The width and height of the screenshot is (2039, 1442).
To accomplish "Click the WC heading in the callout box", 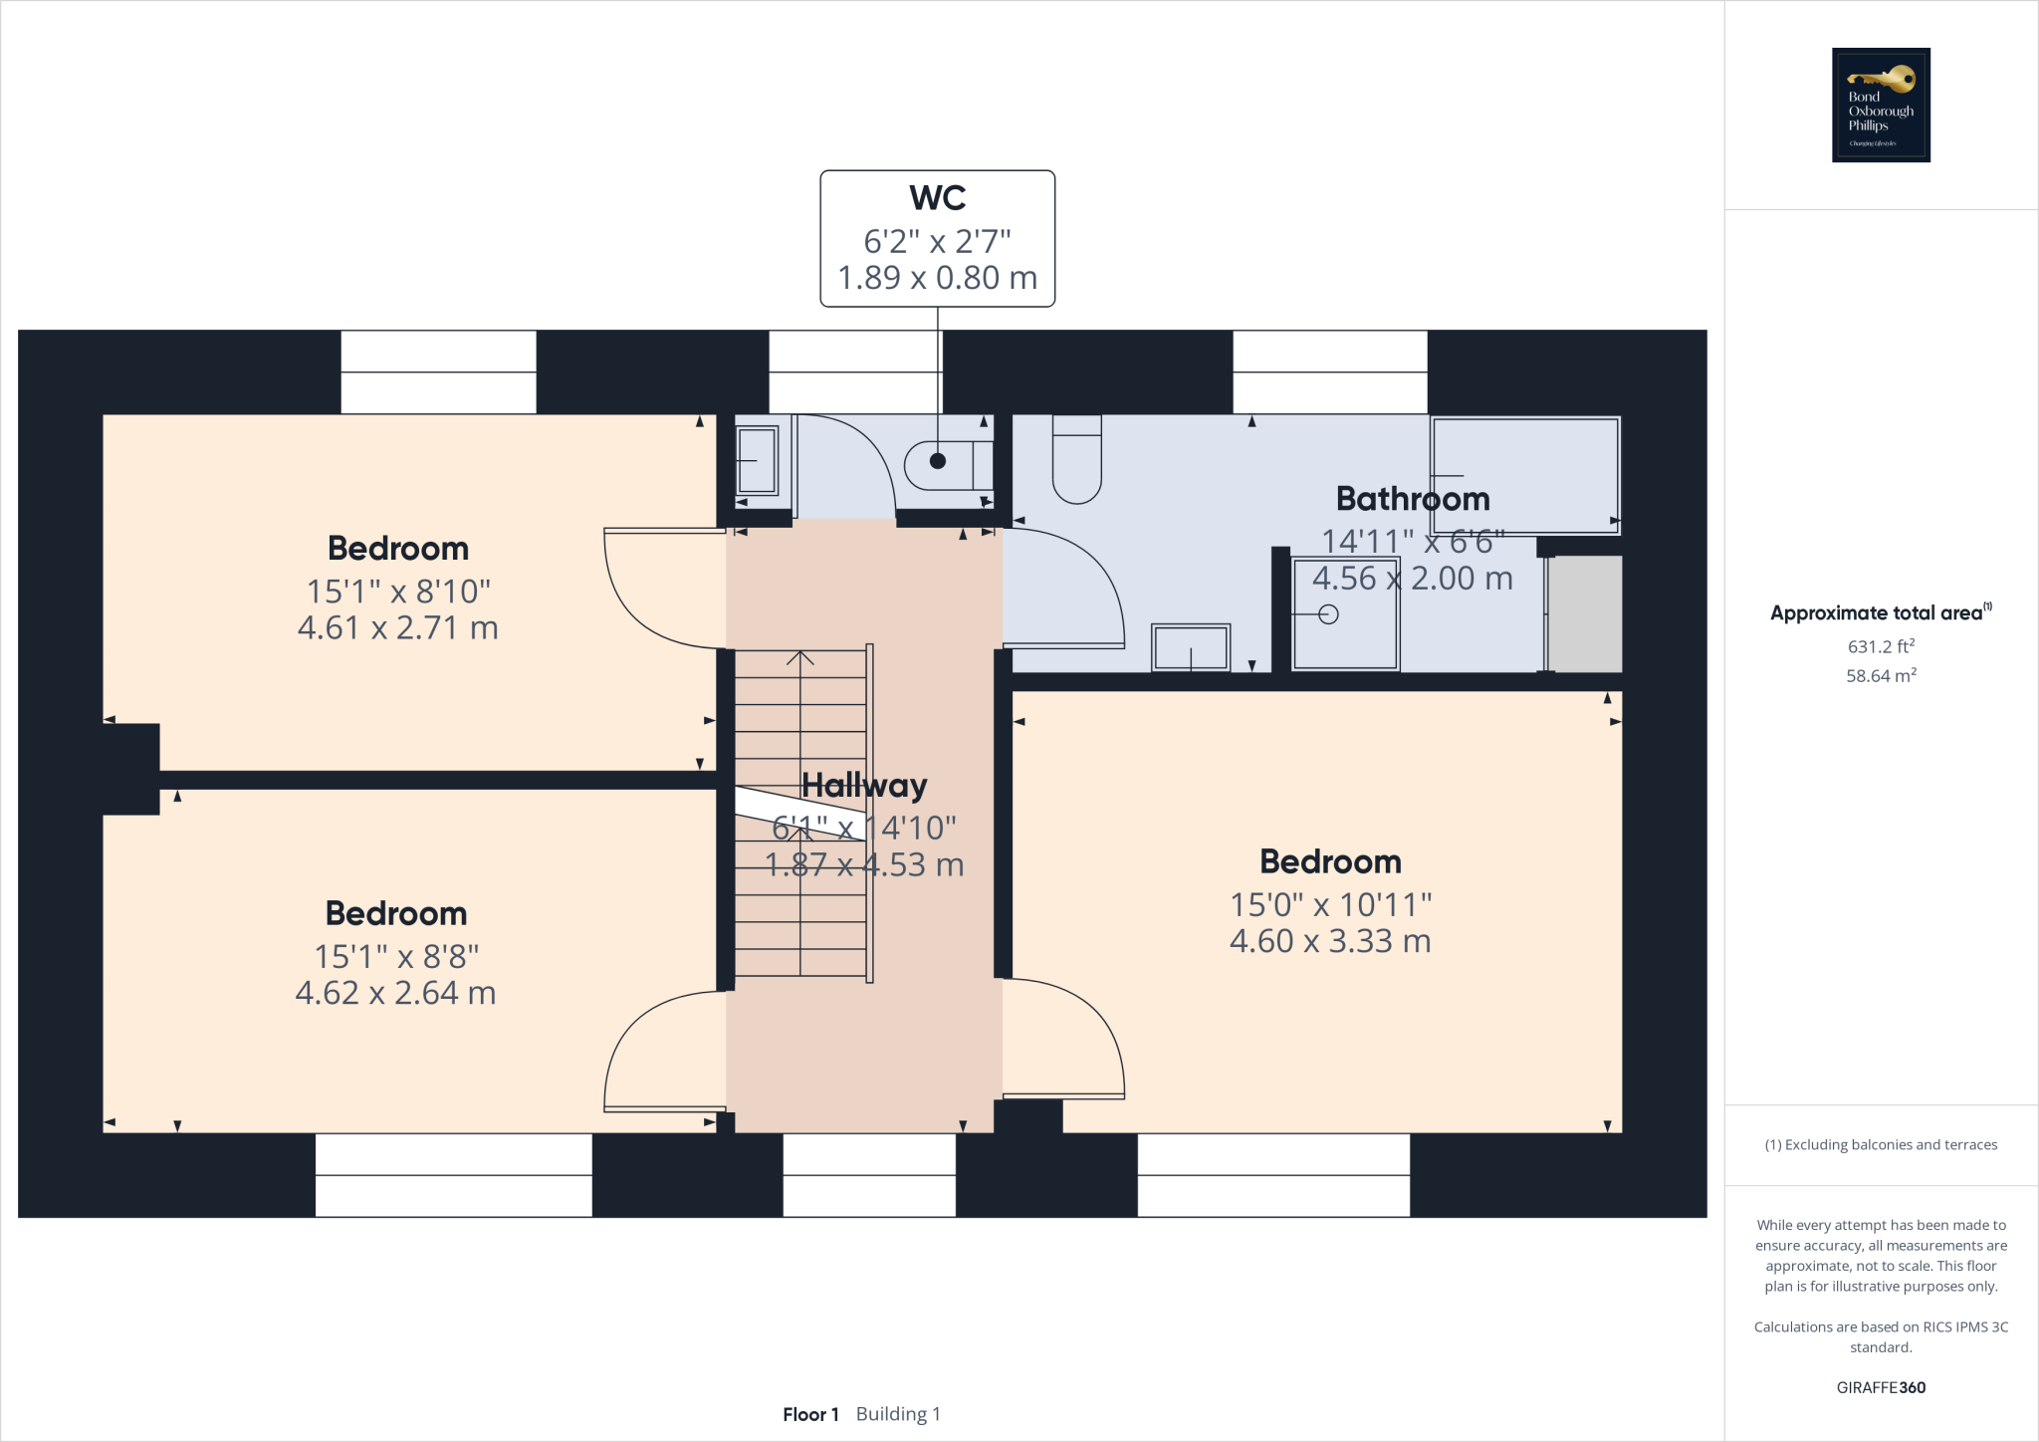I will pos(937,198).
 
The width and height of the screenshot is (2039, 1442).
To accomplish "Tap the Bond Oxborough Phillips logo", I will pos(1881,105).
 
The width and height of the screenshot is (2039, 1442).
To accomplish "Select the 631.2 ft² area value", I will pos(1881,646).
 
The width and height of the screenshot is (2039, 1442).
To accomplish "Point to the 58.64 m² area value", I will pos(1881,675).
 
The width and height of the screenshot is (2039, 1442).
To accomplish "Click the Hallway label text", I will pos(864,786).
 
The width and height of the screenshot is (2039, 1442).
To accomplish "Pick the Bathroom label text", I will pos(1412,498).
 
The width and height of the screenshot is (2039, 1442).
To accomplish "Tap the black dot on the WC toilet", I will pos(937,460).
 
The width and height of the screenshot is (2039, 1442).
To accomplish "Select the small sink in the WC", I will pos(757,460).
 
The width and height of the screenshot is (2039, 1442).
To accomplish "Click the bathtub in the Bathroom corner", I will pos(1524,475).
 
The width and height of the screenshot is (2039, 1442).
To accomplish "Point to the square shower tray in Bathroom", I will pos(1344,613).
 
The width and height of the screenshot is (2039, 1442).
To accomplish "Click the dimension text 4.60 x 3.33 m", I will pos(1330,941).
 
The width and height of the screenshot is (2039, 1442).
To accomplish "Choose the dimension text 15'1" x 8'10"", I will pos(398,592).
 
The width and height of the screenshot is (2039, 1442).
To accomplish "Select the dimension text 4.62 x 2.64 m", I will pos(395,993).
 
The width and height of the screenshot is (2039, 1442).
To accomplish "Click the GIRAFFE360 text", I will pos(1881,1387).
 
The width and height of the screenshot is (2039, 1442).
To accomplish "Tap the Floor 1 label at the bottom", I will pos(810,1414).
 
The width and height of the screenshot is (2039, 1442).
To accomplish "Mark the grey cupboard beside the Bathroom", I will pos(1585,613).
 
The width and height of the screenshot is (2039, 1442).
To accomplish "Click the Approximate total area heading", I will pos(1877,613).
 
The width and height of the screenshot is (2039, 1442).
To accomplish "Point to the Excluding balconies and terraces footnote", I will pos(1881,1145).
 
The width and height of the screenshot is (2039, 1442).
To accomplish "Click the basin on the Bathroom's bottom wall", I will pos(1191,647).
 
